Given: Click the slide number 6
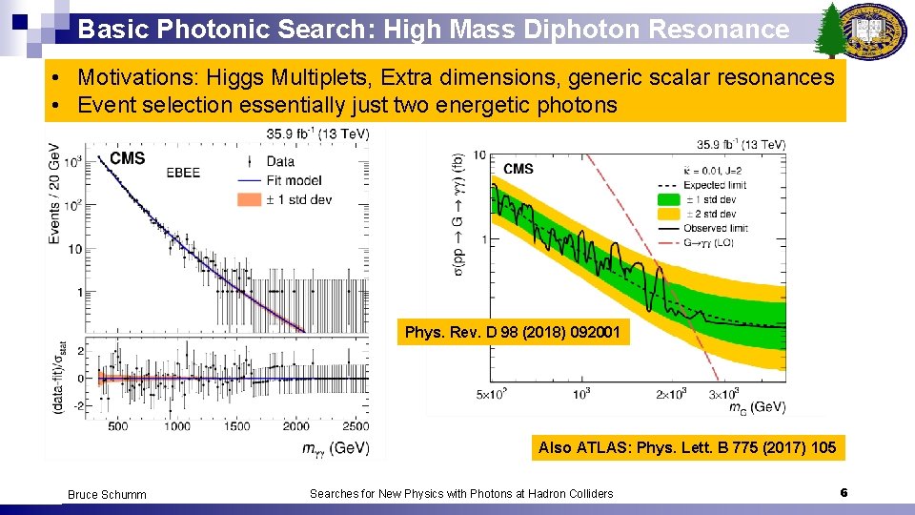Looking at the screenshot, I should (844, 492).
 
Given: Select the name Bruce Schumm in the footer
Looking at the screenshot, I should (107, 494).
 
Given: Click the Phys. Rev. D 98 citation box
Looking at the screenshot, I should (513, 333).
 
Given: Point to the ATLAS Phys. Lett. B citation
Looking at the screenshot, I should (687, 447).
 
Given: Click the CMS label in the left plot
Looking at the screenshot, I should (127, 158).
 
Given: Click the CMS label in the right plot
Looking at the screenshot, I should (518, 169).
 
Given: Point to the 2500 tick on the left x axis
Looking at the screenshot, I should (355, 426).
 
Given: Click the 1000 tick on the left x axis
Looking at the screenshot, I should (176, 426).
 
